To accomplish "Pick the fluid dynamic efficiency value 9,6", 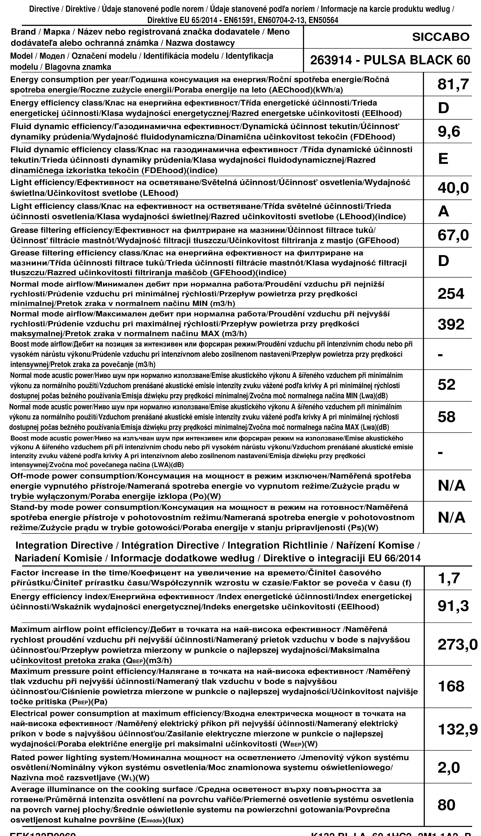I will click(x=449, y=132).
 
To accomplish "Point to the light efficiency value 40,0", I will click(x=453, y=188).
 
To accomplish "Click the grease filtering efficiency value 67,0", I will click(x=453, y=235).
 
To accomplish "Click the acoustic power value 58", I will click(x=446, y=417).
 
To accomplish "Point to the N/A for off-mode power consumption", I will click(x=451, y=486).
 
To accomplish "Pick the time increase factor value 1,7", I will click(x=449, y=578).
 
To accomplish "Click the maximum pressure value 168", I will click(x=451, y=687).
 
